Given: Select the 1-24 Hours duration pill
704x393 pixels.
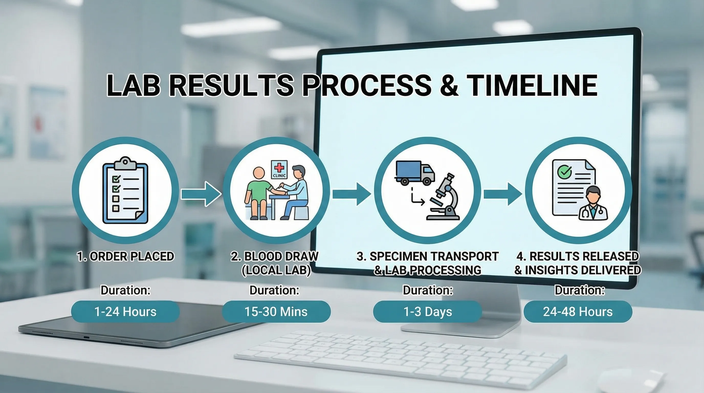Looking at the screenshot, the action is pyautogui.click(x=125, y=312).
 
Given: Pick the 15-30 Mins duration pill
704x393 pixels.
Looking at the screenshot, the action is pyautogui.click(x=276, y=312).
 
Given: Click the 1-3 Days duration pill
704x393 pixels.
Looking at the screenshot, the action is pyautogui.click(x=427, y=312).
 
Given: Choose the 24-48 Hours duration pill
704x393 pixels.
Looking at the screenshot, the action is pyautogui.click(x=578, y=312).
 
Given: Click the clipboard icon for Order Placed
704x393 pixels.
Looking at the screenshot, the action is pyautogui.click(x=125, y=190).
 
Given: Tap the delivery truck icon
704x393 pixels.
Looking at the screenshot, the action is pyautogui.click(x=415, y=173).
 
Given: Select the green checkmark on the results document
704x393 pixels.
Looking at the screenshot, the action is pyautogui.click(x=564, y=172).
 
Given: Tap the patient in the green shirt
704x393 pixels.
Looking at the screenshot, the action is pyautogui.click(x=258, y=193).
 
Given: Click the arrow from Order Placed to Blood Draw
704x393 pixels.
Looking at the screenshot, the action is pyautogui.click(x=201, y=194).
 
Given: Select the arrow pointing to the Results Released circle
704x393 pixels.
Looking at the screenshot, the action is pyautogui.click(x=503, y=194).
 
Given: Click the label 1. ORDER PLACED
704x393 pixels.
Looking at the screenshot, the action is pyautogui.click(x=125, y=256).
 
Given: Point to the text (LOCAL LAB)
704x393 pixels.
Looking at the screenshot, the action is pyautogui.click(x=276, y=270).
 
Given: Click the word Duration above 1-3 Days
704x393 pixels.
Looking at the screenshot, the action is pyautogui.click(x=428, y=290).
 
